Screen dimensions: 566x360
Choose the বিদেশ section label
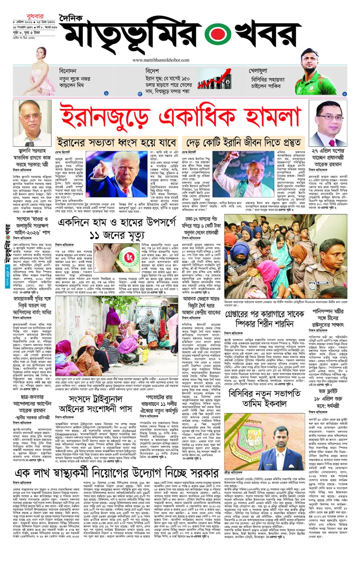[153, 72]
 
